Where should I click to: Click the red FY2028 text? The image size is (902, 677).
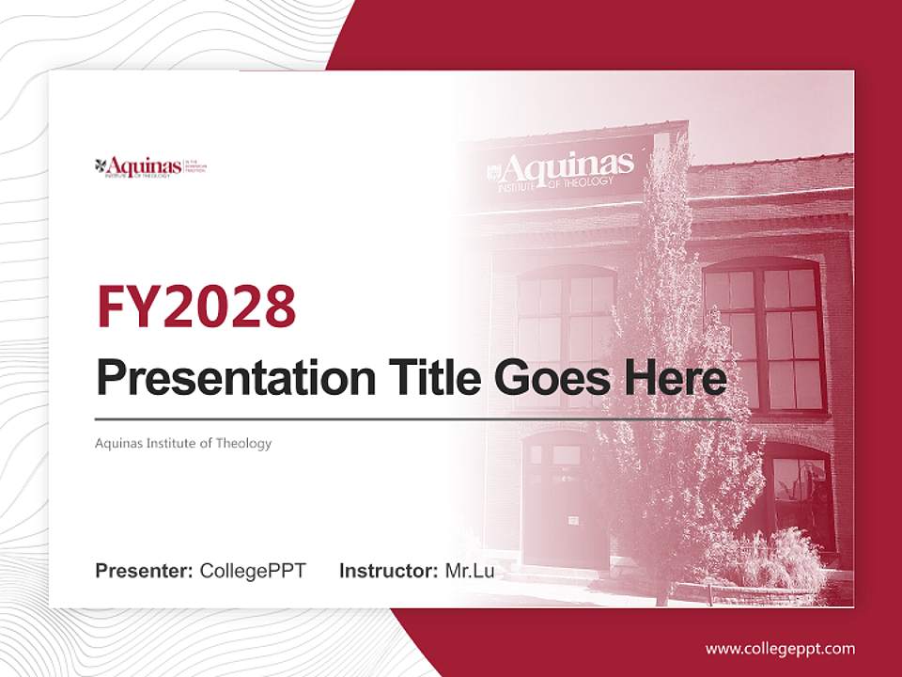tap(196, 306)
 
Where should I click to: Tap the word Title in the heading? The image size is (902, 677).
tap(430, 378)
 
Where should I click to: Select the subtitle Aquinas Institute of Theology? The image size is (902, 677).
tap(183, 443)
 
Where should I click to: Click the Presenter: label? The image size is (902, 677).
tap(145, 571)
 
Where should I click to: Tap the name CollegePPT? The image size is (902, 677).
tap(253, 571)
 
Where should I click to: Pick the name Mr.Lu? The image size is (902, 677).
tap(470, 571)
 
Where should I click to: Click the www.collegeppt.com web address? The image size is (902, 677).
tap(780, 648)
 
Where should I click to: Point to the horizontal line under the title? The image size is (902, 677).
tap(413, 419)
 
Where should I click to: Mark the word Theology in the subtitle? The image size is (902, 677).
tap(241, 443)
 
